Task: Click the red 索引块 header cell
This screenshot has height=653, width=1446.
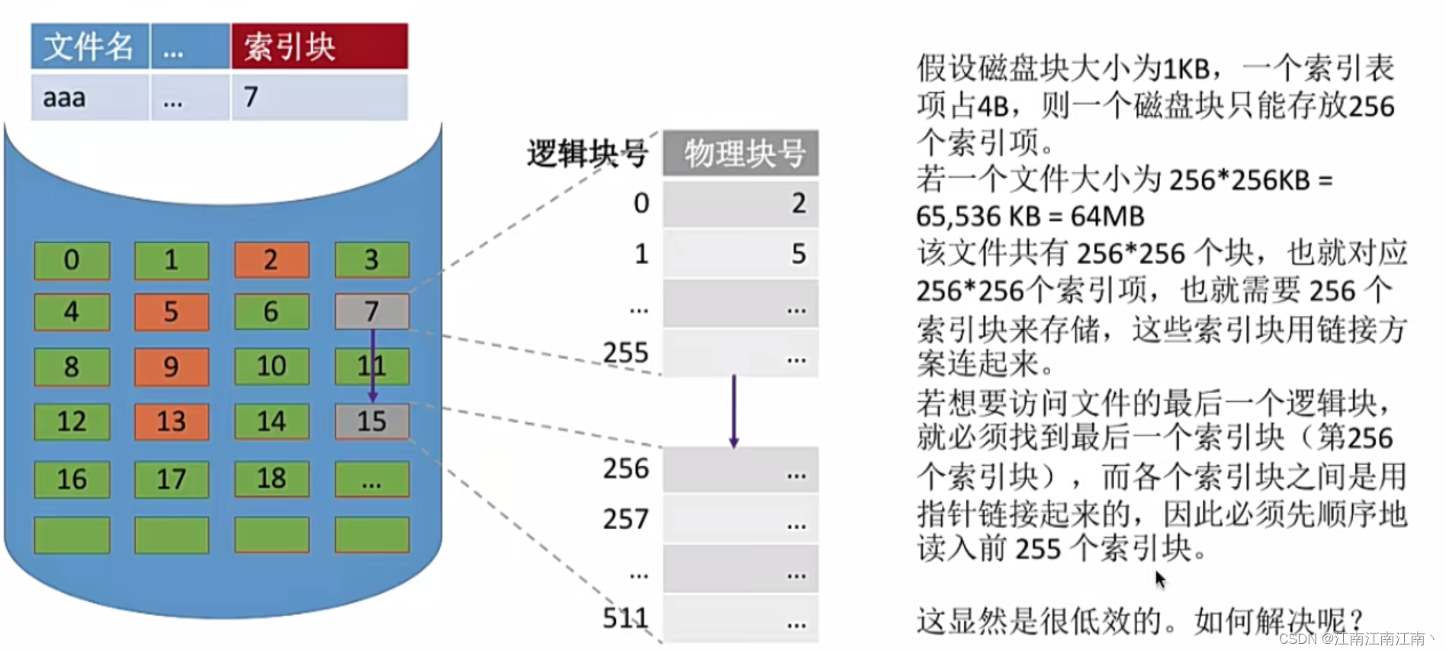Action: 319,46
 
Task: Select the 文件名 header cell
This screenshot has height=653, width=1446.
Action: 89,46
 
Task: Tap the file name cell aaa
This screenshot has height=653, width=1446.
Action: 89,98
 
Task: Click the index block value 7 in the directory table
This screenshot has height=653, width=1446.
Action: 319,98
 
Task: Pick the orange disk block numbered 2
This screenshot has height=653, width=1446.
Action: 272,260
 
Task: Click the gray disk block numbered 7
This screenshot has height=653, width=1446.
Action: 371,311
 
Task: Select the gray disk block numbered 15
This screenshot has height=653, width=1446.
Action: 371,421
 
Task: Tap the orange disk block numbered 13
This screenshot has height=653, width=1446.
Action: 172,421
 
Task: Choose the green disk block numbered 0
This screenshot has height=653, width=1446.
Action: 72,260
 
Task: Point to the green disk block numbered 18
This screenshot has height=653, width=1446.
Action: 272,479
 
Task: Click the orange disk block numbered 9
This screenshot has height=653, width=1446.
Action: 172,367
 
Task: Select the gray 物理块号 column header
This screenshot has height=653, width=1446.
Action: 741,153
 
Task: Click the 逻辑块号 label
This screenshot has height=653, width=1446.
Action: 587,154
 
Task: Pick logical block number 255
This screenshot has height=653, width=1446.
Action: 625,353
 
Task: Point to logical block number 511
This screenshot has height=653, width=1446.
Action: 625,618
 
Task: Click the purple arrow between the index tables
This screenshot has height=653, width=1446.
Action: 734,411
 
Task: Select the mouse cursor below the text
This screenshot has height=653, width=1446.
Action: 1160,580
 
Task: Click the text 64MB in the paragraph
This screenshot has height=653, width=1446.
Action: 1107,216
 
